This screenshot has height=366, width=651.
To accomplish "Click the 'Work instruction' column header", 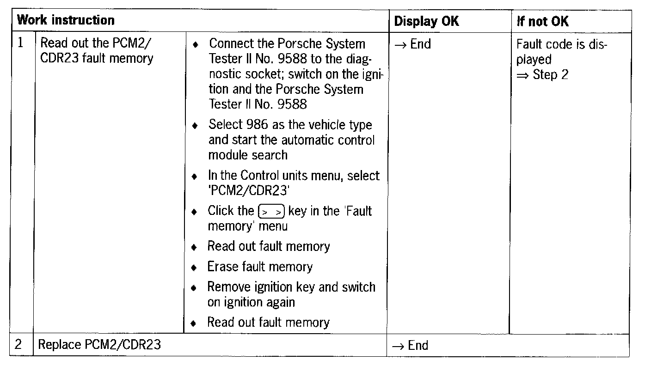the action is pyautogui.click(x=66, y=20).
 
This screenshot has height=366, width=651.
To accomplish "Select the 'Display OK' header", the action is pyautogui.click(x=426, y=21).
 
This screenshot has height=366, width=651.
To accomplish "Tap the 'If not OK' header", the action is pyautogui.click(x=542, y=21).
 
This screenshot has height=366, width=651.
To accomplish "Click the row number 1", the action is pyautogui.click(x=21, y=43).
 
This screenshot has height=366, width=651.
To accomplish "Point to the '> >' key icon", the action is pyautogui.click(x=271, y=212).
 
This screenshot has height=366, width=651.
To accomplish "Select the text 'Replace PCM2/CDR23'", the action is pyautogui.click(x=99, y=345).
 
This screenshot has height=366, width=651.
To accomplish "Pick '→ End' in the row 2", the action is pyautogui.click(x=410, y=345).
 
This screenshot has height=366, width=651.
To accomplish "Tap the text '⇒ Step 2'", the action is pyautogui.click(x=543, y=75).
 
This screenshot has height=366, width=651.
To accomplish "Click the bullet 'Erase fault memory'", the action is pyautogui.click(x=260, y=267).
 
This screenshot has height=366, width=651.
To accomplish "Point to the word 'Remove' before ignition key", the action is pyautogui.click(x=229, y=287).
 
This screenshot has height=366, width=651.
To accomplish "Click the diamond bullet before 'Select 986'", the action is pyautogui.click(x=196, y=126).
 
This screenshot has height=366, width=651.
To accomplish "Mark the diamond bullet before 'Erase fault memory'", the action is pyautogui.click(x=196, y=268).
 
